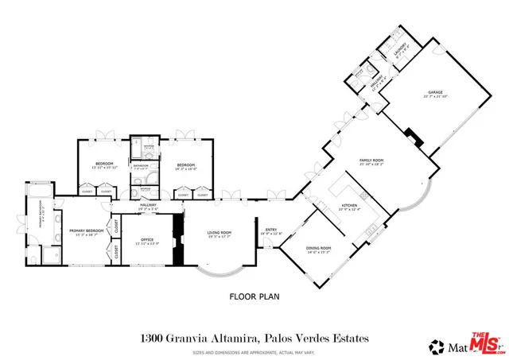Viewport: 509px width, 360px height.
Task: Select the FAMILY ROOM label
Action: pyautogui.click(x=371, y=162)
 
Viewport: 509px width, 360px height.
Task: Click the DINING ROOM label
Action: pyautogui.click(x=317, y=249)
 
